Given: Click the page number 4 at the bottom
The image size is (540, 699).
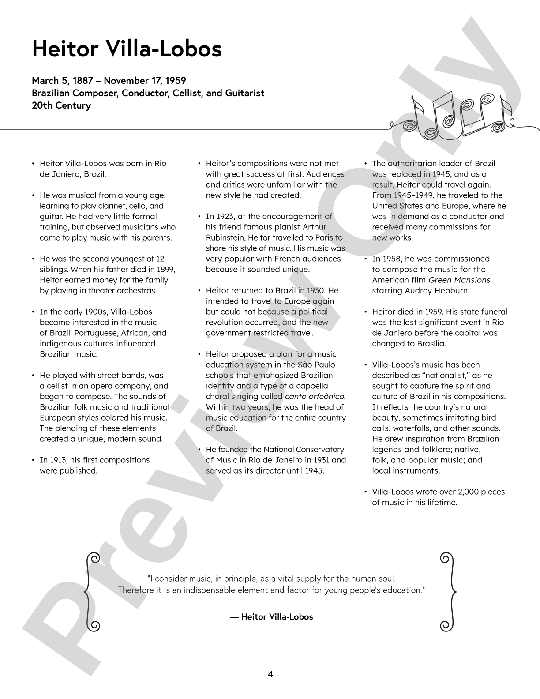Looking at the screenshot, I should coord(270,674).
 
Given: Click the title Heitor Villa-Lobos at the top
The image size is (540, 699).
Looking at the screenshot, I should coord(127,49).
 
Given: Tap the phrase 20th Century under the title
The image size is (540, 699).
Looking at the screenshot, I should coord(61,105).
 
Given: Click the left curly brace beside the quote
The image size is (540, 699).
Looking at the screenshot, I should coord(92,591).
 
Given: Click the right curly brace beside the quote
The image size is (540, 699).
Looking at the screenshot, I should coord(448,591).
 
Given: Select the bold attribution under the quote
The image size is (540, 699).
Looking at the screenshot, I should coord(271,616).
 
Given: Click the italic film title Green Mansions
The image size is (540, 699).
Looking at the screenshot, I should coord(459,280).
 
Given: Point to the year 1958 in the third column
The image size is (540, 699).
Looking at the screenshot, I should coord(390,259).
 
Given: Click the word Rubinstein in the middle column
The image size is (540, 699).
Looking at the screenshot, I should coord(226,238).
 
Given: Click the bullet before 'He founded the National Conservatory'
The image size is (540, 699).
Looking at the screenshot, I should coord(199,450).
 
